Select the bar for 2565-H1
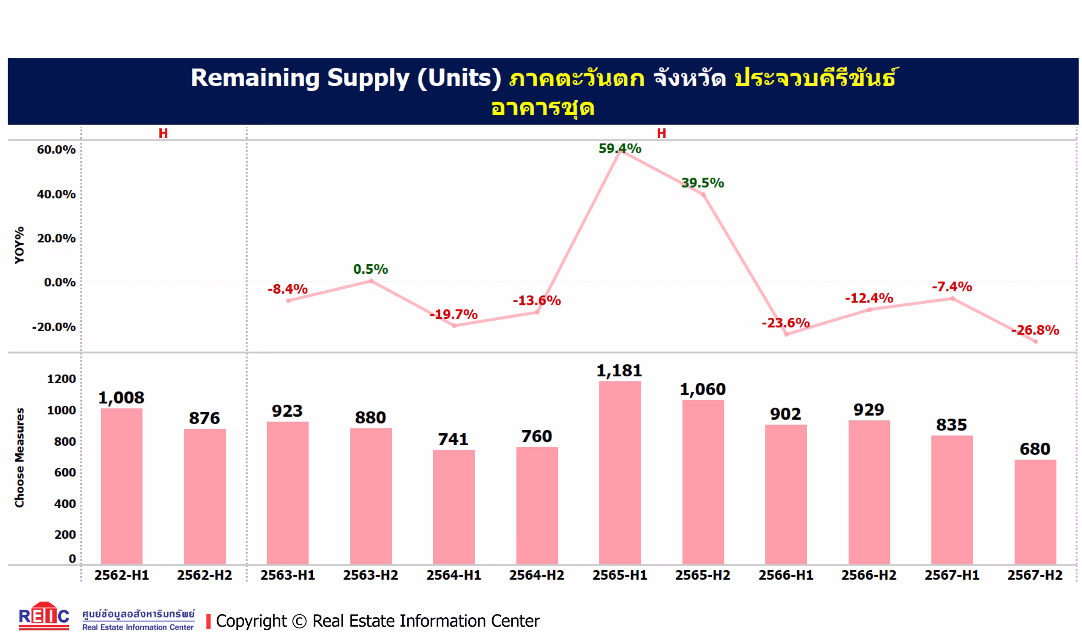(620, 472)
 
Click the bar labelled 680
(1035, 511)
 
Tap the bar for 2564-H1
(454, 507)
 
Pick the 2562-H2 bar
(205, 496)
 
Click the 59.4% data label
(620, 149)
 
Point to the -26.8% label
(1035, 330)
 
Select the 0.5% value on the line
(371, 269)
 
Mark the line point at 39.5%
(703, 194)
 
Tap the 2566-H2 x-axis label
(869, 575)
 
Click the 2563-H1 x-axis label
(287, 575)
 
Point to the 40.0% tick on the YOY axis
(56, 194)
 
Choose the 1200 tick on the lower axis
(61, 379)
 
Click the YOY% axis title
(19, 245)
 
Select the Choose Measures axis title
(19, 457)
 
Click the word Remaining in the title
(255, 78)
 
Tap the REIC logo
(44, 616)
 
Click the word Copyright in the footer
(251, 621)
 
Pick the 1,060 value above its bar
(703, 389)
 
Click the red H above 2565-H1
(661, 134)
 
